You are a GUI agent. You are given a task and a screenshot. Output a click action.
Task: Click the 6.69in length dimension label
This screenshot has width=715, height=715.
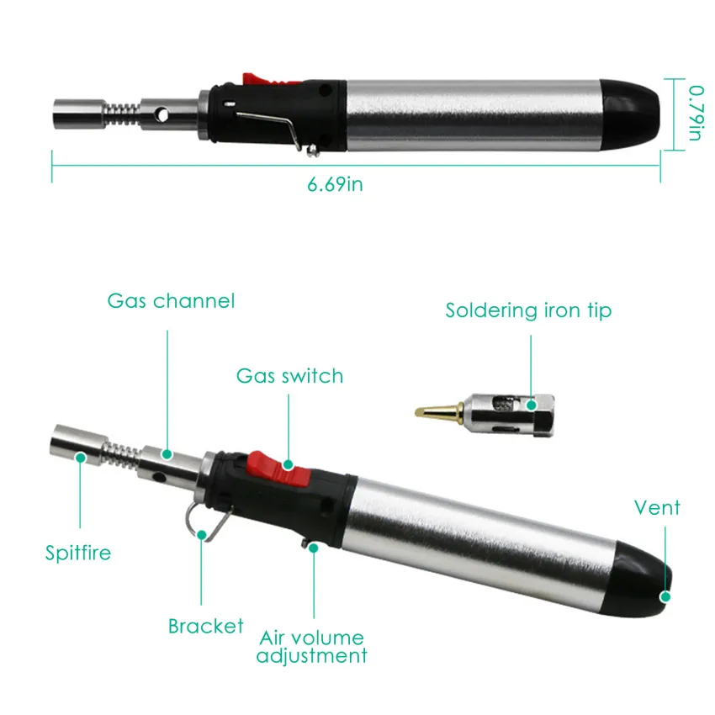[335, 184]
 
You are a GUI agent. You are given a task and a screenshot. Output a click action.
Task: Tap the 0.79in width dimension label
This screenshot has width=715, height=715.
[696, 113]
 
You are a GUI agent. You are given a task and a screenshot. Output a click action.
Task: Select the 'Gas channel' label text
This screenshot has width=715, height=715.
[171, 301]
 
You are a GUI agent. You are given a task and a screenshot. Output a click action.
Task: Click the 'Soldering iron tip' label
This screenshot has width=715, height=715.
[528, 310]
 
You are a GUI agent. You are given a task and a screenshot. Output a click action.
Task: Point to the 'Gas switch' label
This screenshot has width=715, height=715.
[289, 376]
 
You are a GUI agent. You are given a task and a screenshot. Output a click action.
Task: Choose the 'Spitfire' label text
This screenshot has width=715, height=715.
[78, 553]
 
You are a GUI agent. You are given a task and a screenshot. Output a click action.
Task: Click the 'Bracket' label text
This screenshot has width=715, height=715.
[205, 626]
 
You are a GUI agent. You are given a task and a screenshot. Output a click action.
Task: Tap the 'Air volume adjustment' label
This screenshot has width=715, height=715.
[312, 647]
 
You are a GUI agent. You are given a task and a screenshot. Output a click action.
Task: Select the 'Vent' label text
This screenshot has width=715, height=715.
[657, 507]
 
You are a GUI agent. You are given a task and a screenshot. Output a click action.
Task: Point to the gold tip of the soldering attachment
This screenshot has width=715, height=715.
[438, 412]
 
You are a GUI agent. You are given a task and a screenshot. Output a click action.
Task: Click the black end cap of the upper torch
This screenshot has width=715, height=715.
[631, 110]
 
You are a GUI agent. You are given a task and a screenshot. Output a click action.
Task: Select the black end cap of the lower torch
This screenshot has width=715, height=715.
[641, 577]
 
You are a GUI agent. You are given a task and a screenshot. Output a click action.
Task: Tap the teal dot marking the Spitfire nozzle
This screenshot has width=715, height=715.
[81, 457]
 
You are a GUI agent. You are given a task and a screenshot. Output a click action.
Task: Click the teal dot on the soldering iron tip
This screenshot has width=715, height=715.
[532, 405]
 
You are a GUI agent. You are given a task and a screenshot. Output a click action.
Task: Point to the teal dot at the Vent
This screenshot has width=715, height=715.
[665, 596]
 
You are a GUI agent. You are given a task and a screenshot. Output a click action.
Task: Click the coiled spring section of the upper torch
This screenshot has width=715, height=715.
[123, 114]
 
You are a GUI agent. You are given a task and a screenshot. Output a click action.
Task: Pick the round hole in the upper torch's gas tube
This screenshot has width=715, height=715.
[162, 115]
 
